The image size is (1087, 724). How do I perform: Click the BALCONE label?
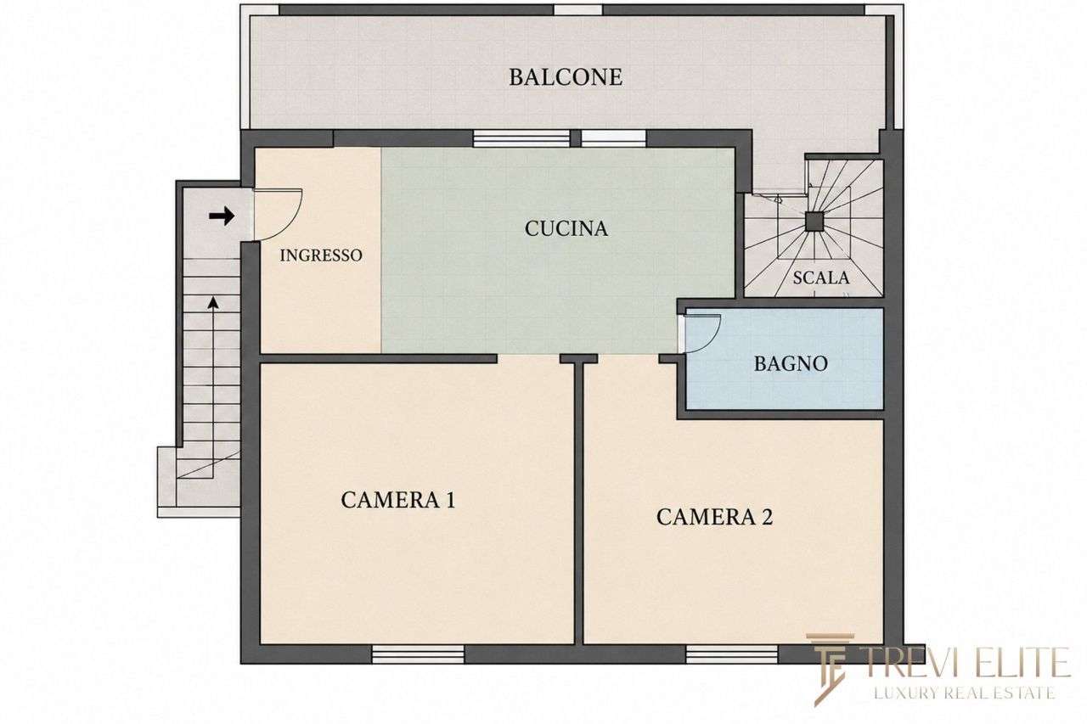click(x=566, y=77)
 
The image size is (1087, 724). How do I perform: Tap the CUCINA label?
click(x=566, y=229)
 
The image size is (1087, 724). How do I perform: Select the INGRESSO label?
click(x=321, y=255)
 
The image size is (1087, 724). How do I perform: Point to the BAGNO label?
click(x=791, y=363)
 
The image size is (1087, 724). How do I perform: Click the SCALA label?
click(x=821, y=278)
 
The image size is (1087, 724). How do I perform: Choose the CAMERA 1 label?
click(x=398, y=500)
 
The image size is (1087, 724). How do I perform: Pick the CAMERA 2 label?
click(x=714, y=517)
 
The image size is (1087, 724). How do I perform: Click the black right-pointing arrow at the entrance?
click(x=222, y=216)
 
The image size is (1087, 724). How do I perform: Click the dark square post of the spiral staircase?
click(x=814, y=222)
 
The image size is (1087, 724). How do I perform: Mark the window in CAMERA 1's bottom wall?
click(x=418, y=654)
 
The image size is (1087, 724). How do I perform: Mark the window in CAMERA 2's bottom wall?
click(x=732, y=654)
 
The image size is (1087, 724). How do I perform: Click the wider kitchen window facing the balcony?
click(x=521, y=138)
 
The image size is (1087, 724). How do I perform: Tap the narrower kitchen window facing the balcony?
click(x=614, y=138)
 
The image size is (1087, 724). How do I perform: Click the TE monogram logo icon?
click(x=831, y=669)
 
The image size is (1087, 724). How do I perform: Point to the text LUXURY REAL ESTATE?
click(x=966, y=693)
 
